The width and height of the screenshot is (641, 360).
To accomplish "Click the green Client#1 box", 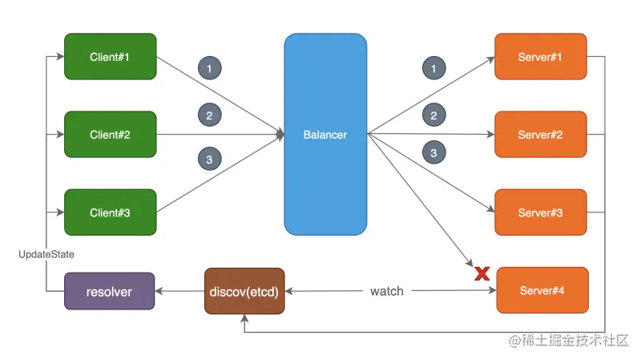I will click(x=110, y=56).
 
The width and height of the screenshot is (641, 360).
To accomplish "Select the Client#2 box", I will click(x=110, y=134).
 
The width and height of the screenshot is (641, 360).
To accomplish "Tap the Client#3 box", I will click(x=110, y=212).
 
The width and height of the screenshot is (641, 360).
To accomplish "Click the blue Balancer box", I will click(x=325, y=134).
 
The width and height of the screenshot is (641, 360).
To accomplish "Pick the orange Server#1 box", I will click(x=540, y=56).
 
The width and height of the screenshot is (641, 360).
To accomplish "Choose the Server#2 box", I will click(x=540, y=134).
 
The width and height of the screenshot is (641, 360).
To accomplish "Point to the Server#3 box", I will click(x=540, y=212).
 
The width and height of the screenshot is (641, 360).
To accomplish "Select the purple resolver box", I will click(x=110, y=290).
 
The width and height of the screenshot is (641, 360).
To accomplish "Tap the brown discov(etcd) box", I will click(x=245, y=290).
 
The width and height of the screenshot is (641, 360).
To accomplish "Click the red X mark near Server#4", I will click(x=482, y=274).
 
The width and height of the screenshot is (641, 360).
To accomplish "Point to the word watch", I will click(x=386, y=290).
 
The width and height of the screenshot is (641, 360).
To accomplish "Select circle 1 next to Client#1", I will click(x=210, y=70).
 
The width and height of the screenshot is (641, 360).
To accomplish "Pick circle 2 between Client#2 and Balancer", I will click(x=210, y=115).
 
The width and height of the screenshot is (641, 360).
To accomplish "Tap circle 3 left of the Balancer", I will click(x=210, y=160).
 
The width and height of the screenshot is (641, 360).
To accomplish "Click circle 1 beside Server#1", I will click(x=433, y=70).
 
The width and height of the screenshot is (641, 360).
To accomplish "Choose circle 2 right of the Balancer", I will click(x=433, y=115).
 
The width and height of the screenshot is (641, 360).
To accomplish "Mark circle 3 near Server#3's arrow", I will click(x=433, y=152).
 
